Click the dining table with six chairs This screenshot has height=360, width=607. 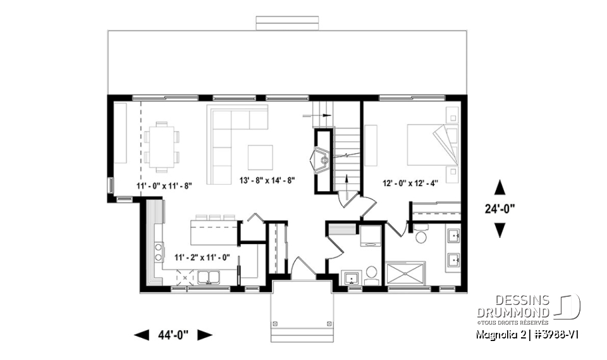[x=161, y=147]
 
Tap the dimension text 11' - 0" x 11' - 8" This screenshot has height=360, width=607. [x=164, y=186]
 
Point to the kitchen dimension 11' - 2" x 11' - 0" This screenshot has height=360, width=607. [x=202, y=258]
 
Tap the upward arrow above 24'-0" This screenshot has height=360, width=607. [x=500, y=187]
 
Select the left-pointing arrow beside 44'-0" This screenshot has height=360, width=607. [x=142, y=335]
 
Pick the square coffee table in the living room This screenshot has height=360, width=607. [x=260, y=157]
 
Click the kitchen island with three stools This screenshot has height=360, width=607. [x=213, y=232]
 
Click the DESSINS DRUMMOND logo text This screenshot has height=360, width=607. [x=513, y=306]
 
